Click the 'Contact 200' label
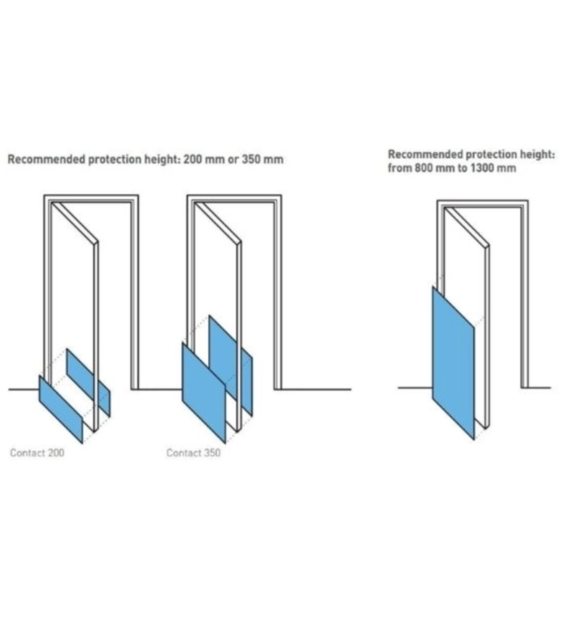37,452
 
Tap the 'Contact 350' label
193,452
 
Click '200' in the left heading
192,159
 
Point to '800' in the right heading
423,167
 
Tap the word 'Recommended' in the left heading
46,159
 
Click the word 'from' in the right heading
400,167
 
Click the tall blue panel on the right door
453,362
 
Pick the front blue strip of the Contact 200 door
61,409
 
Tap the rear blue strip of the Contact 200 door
88,382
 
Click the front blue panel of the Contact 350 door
204,392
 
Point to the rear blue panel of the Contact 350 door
230,365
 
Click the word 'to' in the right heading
463,168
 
